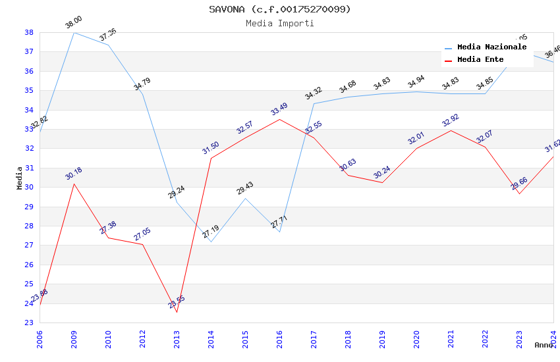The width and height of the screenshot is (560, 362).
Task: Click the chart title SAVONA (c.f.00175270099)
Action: pos(280,9)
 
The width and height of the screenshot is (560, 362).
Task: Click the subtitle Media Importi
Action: pos(280,23)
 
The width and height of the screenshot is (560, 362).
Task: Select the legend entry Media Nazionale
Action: pos(491,47)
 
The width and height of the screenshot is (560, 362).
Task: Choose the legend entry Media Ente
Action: pos(480,59)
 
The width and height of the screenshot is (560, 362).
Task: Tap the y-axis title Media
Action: pos(20,178)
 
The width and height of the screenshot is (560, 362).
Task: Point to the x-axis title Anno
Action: pos(544,344)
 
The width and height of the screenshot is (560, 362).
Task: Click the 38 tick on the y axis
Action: pos(29,32)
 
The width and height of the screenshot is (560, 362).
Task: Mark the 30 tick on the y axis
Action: pos(29,187)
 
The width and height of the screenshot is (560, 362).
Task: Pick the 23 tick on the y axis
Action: pos(29,323)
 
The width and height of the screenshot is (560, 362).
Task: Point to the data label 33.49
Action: pos(279,109)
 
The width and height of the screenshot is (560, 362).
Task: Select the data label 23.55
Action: pos(177,302)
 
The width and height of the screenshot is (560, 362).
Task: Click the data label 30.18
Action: pos(74,174)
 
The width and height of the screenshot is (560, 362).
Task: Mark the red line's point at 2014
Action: pos(211,158)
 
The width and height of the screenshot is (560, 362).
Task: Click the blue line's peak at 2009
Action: pos(74,32)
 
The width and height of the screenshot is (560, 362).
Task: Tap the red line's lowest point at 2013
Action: pos(177,312)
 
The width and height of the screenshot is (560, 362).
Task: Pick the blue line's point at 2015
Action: pos(245,198)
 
